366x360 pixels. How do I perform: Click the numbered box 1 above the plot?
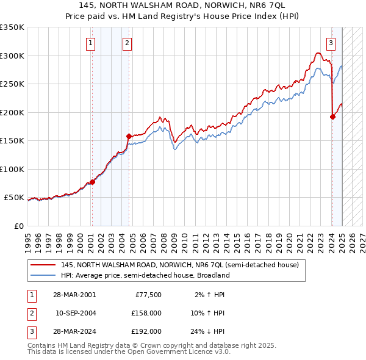click(x=90, y=43)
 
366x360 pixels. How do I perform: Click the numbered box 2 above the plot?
click(x=127, y=43)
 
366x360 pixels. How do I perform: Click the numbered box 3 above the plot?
click(x=331, y=43)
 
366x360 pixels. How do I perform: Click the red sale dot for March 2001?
click(x=93, y=182)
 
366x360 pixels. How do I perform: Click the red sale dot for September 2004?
click(x=129, y=136)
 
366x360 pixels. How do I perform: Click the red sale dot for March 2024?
click(x=332, y=117)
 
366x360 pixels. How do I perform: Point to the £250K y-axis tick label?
click(x=12, y=84)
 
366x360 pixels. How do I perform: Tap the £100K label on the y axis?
click(x=12, y=170)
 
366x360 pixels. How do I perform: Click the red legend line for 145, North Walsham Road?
click(x=43, y=265)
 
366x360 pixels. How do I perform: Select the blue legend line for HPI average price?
click(x=43, y=275)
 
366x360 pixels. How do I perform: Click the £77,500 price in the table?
click(x=146, y=295)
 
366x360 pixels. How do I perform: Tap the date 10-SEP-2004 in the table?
click(x=76, y=313)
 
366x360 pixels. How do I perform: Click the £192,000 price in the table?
click(x=146, y=331)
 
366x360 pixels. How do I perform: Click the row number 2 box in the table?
click(x=31, y=313)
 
